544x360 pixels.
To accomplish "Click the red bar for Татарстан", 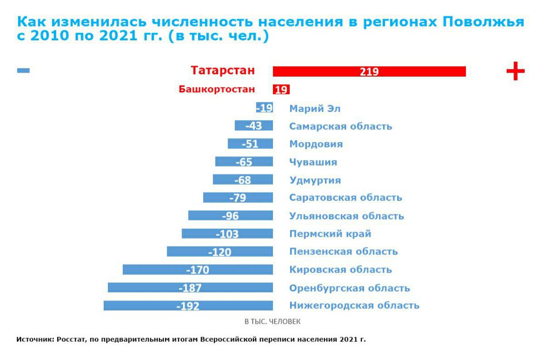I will click(369, 72).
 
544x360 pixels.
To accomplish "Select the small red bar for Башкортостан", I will click(281, 89).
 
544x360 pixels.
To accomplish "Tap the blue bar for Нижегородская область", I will click(188, 306).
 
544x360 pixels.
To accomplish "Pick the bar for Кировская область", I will click(198, 270).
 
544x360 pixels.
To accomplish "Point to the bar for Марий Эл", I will click(264, 108).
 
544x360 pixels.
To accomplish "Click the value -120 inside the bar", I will click(219, 252).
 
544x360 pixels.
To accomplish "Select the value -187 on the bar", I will click(190, 288).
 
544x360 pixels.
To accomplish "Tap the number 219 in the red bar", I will click(369, 72).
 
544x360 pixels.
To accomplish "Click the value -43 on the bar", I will click(253, 126).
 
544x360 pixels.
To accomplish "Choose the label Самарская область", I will click(340, 126).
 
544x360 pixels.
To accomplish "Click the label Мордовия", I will click(316, 144).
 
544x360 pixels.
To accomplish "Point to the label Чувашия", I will click(313, 162).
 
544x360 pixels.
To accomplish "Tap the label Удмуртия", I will click(315, 180).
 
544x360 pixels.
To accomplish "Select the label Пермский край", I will click(330, 234).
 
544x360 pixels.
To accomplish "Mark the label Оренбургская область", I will click(350, 288).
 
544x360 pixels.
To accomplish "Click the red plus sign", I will click(515, 71).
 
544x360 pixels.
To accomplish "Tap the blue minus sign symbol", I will click(23, 70).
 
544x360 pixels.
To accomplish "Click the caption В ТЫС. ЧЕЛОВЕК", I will click(272, 321).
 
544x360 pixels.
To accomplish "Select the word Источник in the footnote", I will click(35, 339).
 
